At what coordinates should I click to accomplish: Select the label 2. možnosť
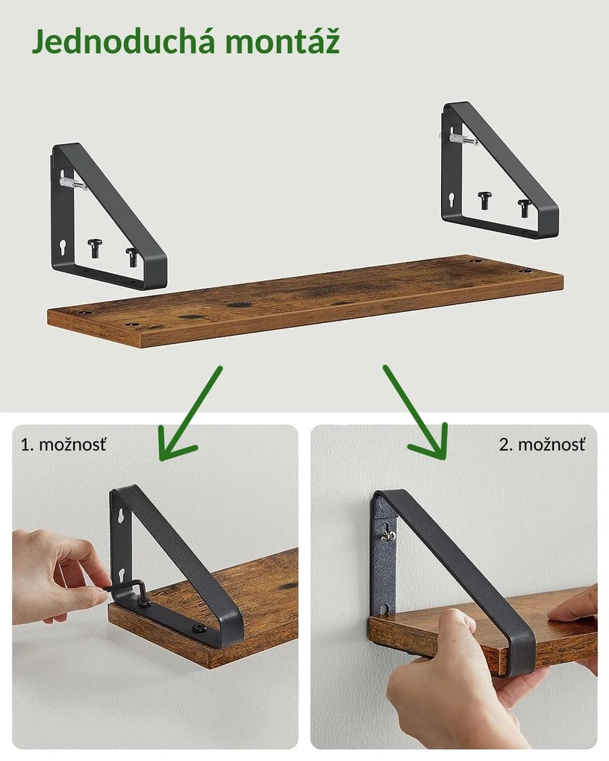coord(542,445)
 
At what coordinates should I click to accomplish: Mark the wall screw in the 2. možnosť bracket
coord(387,531)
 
